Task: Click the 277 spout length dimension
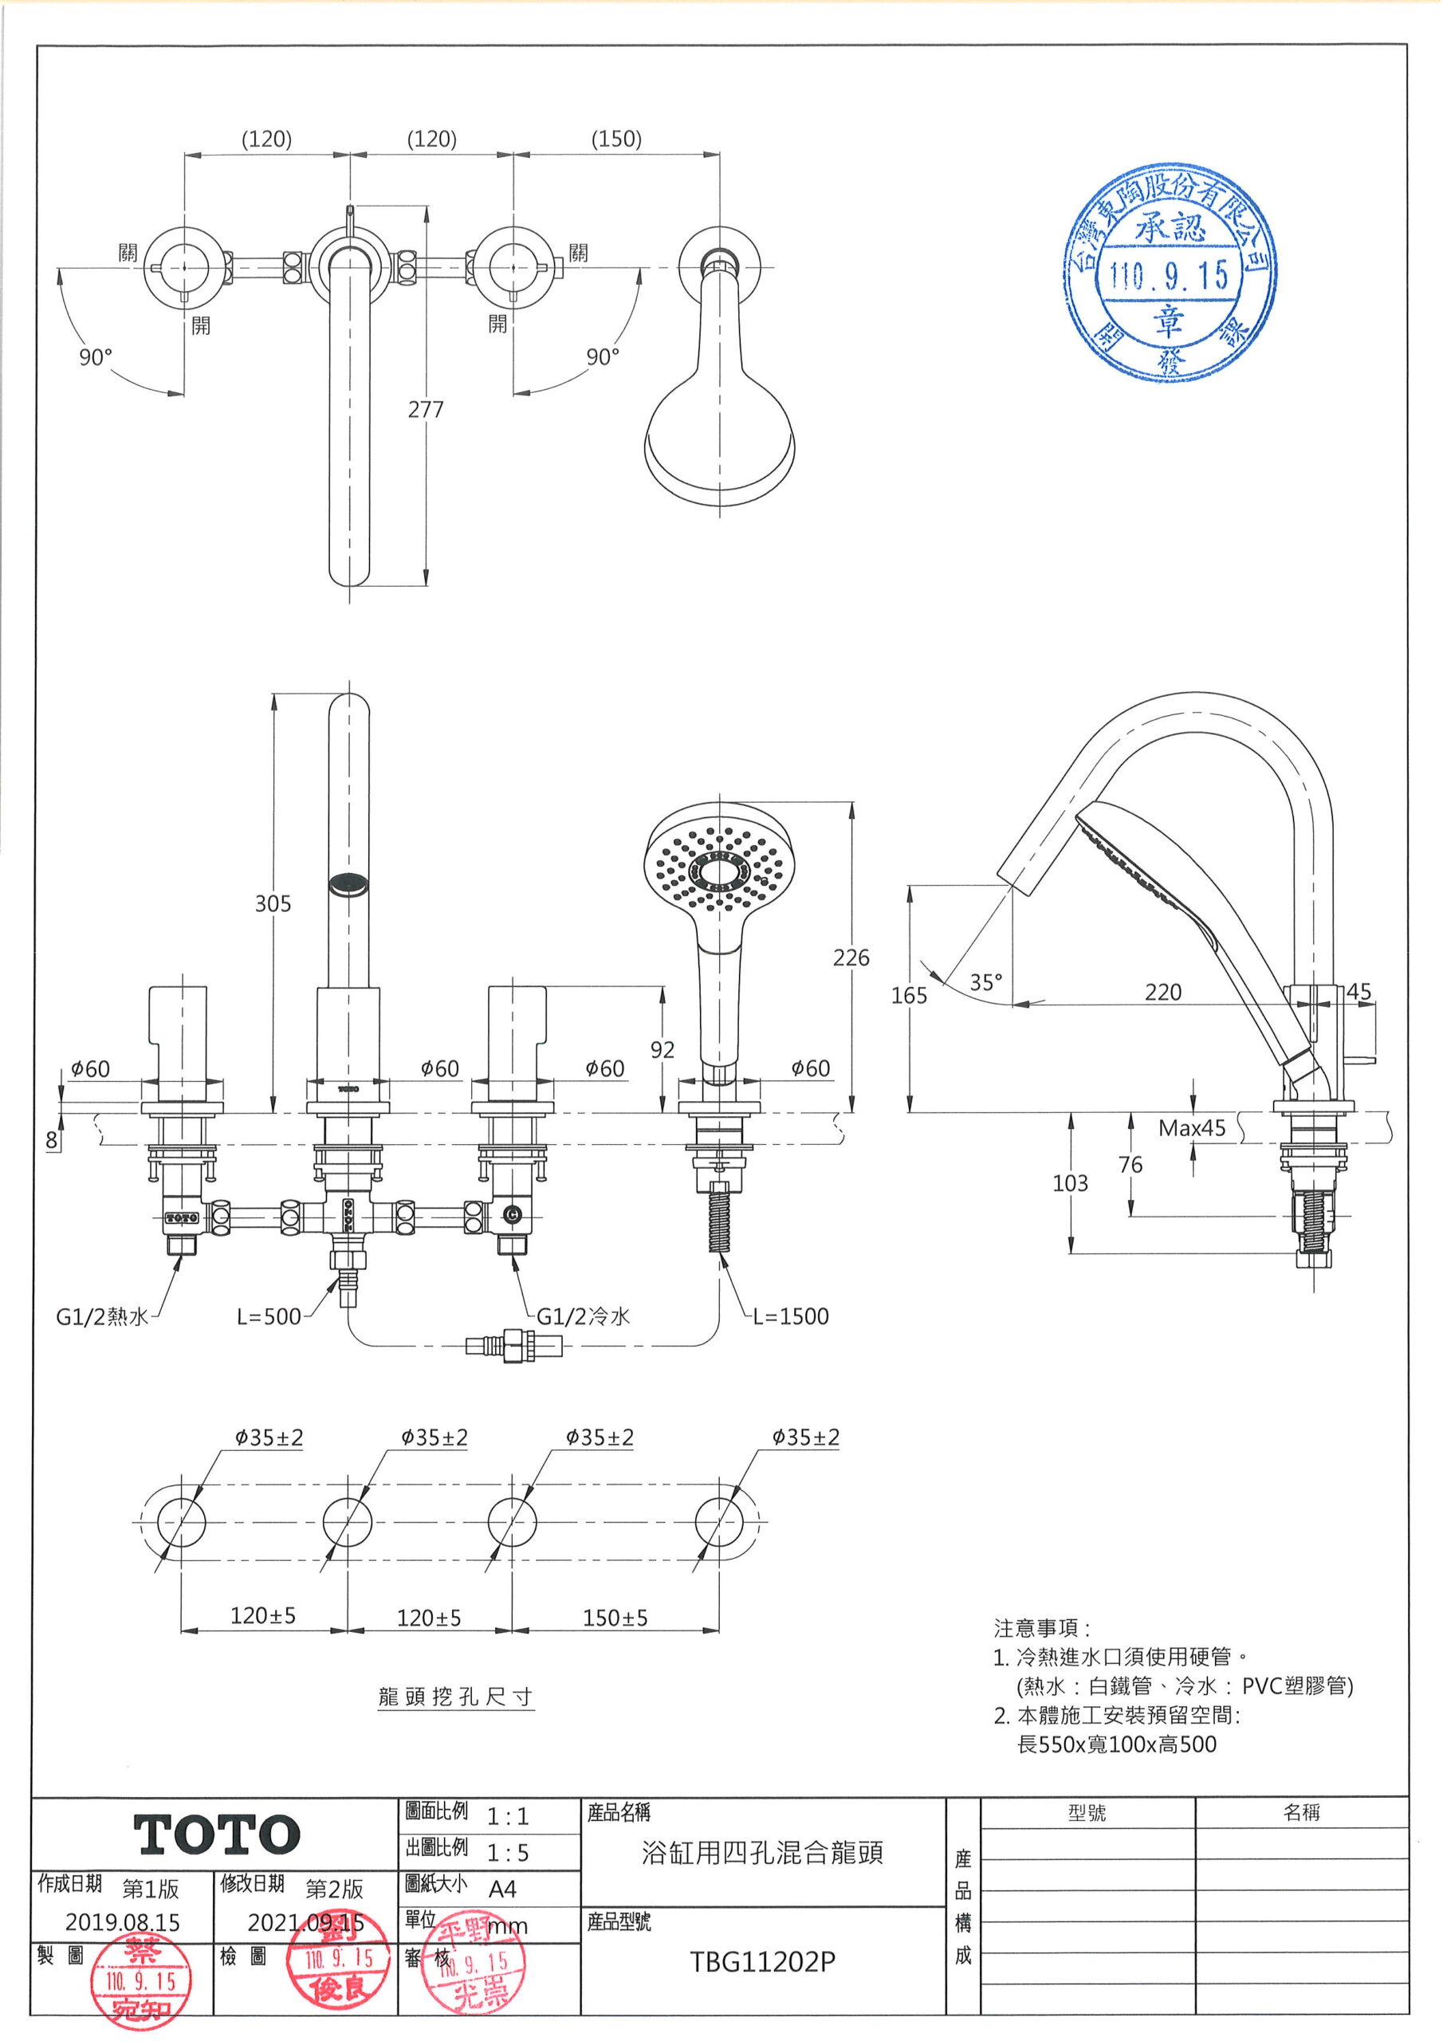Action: (425, 410)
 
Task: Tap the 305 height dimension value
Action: (273, 903)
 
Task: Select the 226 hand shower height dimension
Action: (851, 958)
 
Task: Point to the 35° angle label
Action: (986, 982)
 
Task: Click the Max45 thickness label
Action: (1191, 1128)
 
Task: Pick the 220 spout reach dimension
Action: (1163, 992)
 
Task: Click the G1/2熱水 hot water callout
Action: (102, 1316)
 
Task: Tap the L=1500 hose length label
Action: (790, 1316)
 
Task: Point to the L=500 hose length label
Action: (269, 1316)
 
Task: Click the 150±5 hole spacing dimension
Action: (615, 1618)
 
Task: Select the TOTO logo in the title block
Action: (217, 1835)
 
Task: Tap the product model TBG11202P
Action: (763, 1962)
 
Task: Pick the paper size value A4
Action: (502, 1889)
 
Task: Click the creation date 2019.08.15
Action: (123, 1923)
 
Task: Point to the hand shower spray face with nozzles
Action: (717, 865)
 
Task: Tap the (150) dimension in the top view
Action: (616, 139)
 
